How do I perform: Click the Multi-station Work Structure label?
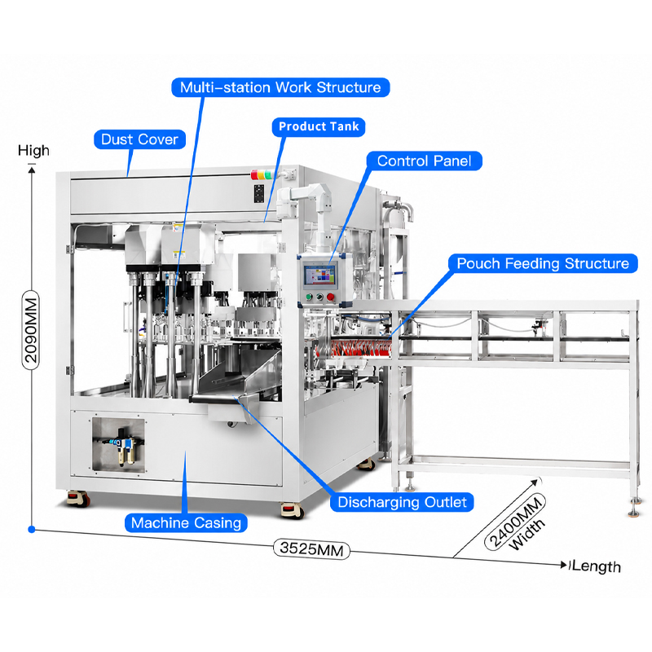coord(280,87)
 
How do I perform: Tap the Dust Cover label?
coord(139,139)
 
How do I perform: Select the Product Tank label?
coord(319,127)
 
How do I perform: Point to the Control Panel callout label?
coord(424,161)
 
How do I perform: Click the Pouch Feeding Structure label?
coord(543,263)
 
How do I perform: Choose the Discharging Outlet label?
coord(402,502)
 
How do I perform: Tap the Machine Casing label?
coord(186,522)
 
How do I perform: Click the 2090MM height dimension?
coord(31,330)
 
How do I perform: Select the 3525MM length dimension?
coord(311,548)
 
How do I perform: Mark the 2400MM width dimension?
coord(516,522)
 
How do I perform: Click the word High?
coord(33,151)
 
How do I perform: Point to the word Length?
coord(597,566)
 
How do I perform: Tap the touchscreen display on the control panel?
coord(320,275)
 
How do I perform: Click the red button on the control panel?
coord(331,297)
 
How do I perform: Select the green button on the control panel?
coord(309,297)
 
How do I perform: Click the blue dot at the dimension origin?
coord(32,529)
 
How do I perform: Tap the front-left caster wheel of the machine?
coord(77,499)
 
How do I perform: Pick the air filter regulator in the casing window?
coord(124,446)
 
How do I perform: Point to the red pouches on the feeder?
coord(355,348)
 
